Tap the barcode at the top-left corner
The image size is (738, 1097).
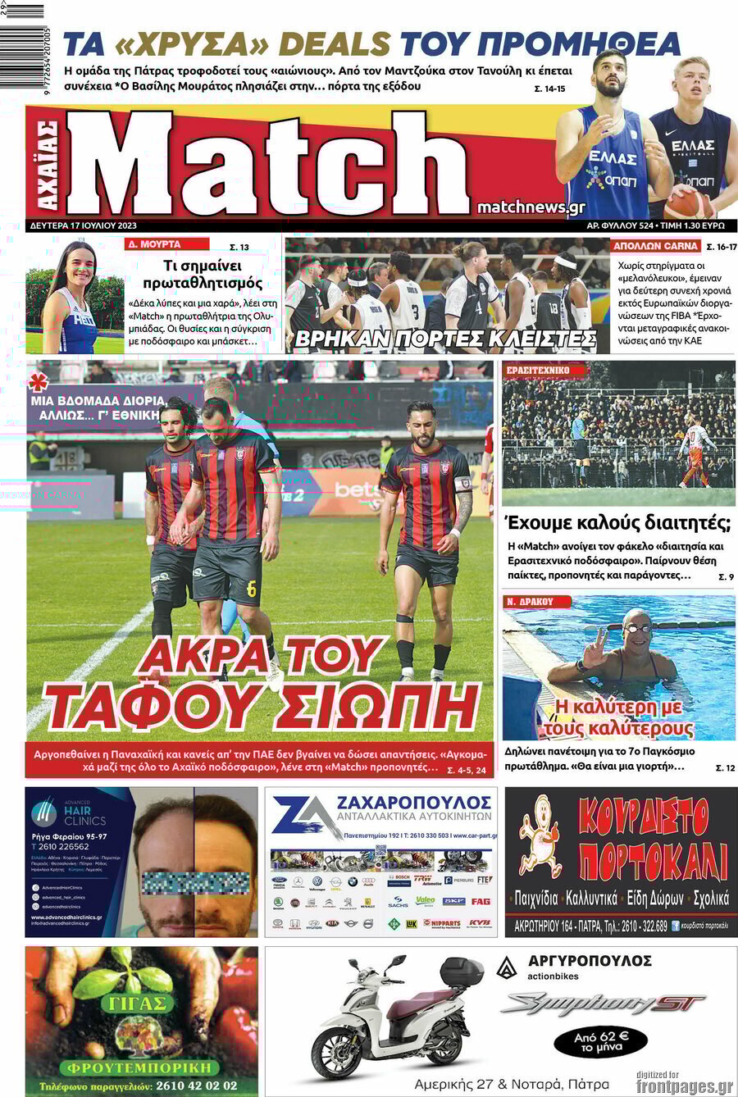[x=22, y=11]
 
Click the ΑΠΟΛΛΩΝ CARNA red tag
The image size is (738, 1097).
[x=655, y=246]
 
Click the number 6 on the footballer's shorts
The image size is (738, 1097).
[x=251, y=588]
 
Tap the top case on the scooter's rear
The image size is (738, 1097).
[x=462, y=972]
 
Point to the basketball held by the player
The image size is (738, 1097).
[x=686, y=203]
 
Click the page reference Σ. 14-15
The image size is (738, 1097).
[x=549, y=89]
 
